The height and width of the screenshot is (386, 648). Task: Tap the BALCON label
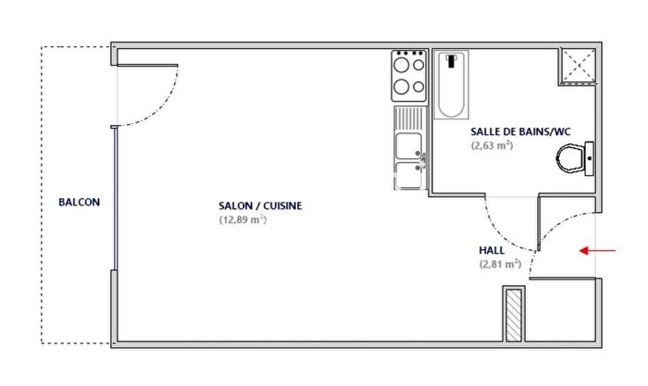pos(79,202)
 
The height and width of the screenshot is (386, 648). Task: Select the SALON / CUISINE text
pos(261,205)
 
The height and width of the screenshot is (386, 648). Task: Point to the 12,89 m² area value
pos(243,220)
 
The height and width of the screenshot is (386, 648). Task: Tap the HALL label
pos(492,250)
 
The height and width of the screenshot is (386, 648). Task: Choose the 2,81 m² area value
pos(500,264)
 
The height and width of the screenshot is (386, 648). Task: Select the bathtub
pos(451,85)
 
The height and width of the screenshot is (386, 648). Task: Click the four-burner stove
pos(407,77)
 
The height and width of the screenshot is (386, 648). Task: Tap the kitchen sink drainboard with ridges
pos(407,118)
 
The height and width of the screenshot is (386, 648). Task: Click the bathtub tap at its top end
pos(451,61)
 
